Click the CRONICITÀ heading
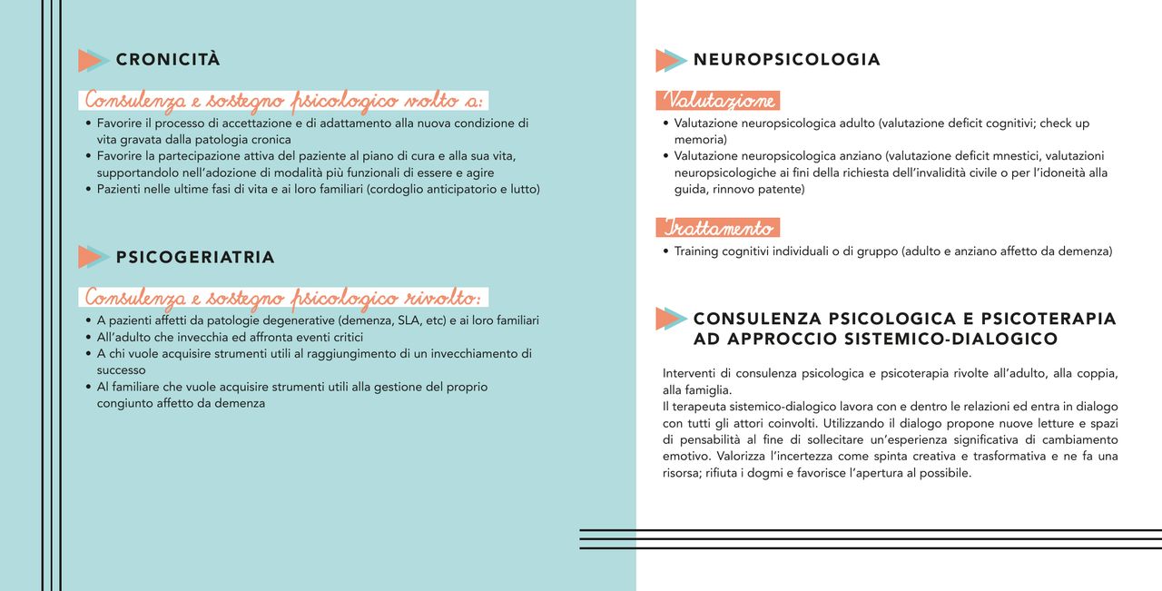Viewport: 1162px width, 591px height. click(168, 60)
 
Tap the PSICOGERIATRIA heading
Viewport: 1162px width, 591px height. click(195, 257)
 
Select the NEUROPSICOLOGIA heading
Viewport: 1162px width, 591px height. click(786, 60)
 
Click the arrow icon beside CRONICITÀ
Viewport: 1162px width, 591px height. click(94, 60)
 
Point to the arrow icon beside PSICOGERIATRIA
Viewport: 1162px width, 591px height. click(94, 257)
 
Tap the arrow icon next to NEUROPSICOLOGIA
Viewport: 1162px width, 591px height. click(671, 60)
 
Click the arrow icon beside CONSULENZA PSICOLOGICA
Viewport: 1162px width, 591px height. click(671, 319)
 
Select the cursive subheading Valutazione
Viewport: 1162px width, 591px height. click(718, 100)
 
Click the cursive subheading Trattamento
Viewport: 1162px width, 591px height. click(718, 227)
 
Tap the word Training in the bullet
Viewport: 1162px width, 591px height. click(696, 251)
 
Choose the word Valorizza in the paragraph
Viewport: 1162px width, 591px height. click(744, 456)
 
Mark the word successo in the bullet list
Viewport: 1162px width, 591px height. click(122, 370)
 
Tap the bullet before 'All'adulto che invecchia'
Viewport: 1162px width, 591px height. click(88, 338)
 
